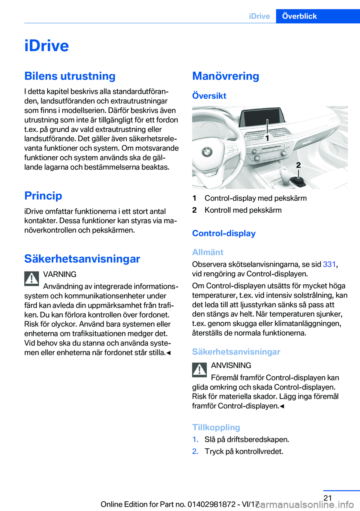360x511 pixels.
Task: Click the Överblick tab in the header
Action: (299, 16)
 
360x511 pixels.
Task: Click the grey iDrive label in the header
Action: (259, 16)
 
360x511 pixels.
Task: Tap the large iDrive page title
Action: (46, 46)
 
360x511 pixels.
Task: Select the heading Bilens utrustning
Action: (70, 76)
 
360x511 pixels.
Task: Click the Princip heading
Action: (43, 196)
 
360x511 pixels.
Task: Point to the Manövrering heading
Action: (225, 76)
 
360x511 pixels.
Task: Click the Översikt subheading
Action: (209, 96)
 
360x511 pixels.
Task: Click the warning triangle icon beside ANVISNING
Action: (199, 370)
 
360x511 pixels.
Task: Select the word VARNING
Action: (60, 274)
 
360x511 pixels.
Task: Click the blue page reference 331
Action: (329, 264)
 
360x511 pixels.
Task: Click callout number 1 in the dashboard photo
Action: (267, 138)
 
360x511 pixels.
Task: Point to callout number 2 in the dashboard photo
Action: (298, 165)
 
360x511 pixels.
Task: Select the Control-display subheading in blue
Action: (223, 233)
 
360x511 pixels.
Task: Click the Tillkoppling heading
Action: (216, 427)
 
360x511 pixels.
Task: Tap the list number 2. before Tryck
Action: (195, 451)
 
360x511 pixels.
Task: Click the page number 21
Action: (328, 498)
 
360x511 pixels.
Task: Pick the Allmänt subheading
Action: (207, 252)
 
